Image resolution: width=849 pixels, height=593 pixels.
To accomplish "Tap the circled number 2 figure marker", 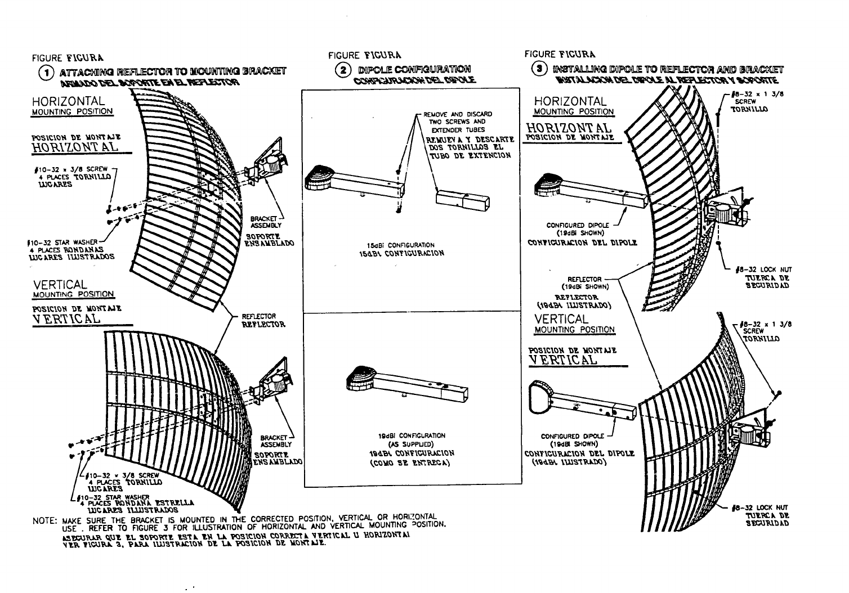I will (x=341, y=70).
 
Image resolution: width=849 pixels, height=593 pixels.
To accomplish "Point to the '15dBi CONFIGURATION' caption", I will (x=400, y=245).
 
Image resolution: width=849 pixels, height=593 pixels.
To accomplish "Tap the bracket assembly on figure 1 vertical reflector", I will (x=274, y=385).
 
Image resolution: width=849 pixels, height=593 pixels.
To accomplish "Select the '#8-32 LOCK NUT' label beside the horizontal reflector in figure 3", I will (x=761, y=270).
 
